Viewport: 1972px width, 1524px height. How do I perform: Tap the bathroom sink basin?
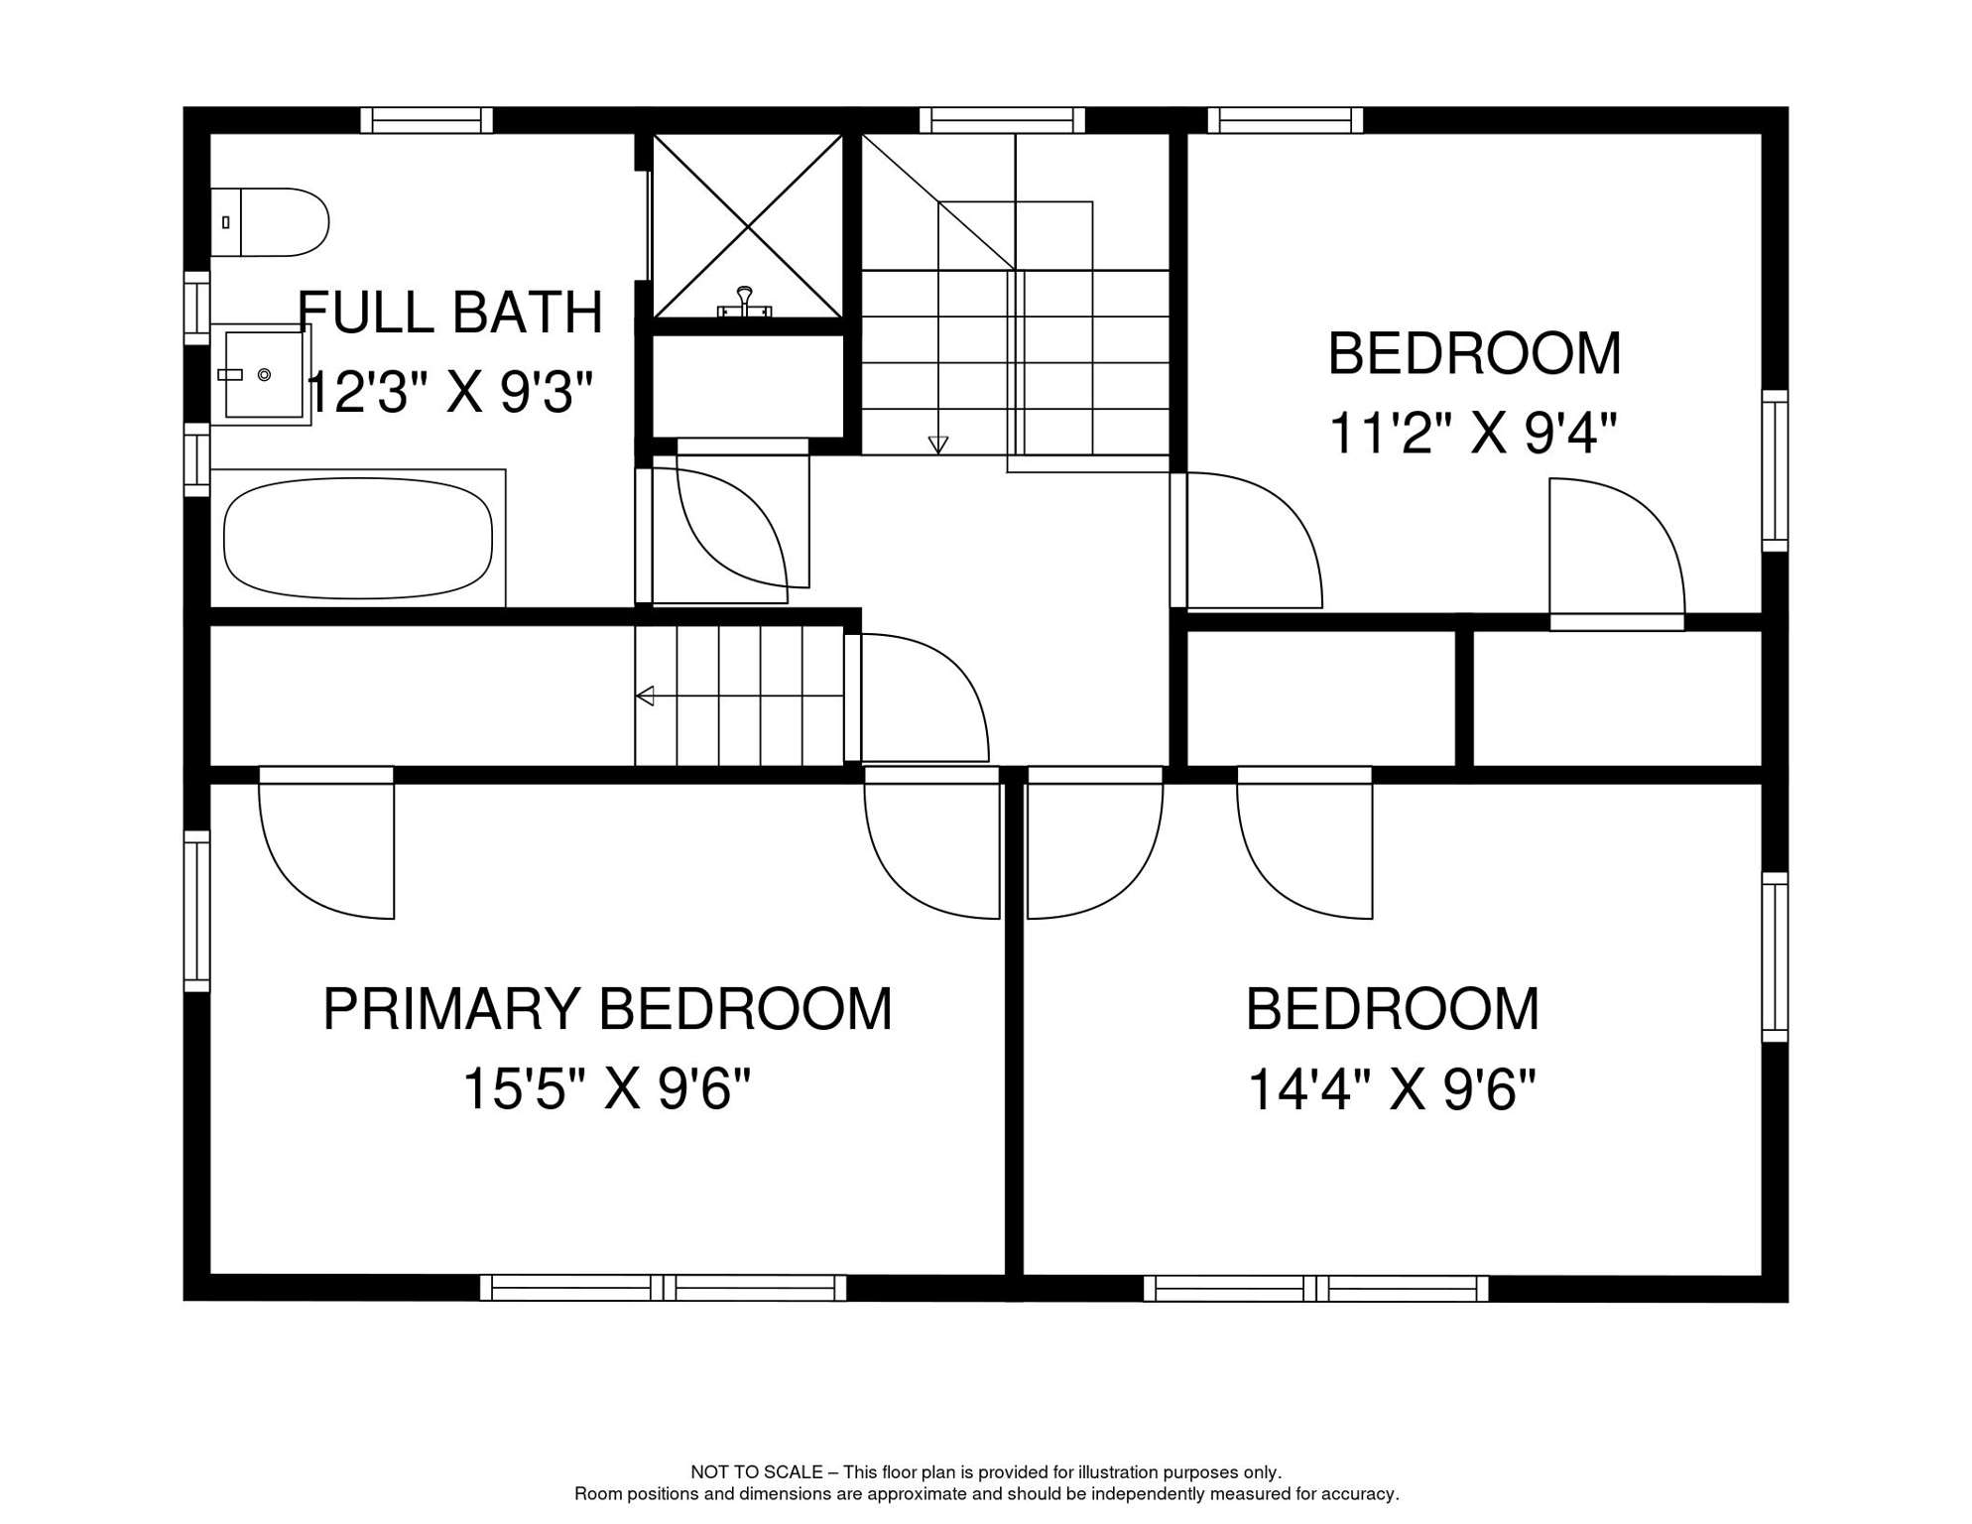[x=263, y=374]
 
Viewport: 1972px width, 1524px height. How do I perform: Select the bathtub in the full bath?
[x=358, y=538]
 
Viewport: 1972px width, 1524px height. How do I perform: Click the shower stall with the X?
[x=747, y=226]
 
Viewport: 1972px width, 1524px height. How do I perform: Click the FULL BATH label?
[x=449, y=313]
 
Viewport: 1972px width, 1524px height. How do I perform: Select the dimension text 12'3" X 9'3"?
[x=449, y=392]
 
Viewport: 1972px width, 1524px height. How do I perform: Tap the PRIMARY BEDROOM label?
[x=607, y=1009]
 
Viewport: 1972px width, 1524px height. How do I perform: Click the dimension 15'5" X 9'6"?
[x=607, y=1088]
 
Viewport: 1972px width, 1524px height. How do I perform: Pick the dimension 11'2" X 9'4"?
[x=1472, y=434]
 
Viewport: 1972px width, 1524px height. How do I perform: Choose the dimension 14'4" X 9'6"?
[x=1391, y=1088]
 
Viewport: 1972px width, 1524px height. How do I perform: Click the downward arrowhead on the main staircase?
[x=937, y=444]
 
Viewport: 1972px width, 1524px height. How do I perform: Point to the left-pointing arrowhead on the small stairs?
[x=646, y=696]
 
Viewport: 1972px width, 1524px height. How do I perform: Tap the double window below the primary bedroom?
[x=663, y=1288]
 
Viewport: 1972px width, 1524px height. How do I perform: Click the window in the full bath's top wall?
[x=427, y=120]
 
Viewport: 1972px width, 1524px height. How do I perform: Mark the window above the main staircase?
[x=1002, y=120]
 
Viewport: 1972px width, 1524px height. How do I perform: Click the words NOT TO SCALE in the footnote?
[x=756, y=1472]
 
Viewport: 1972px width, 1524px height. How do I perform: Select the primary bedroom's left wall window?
[x=197, y=911]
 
